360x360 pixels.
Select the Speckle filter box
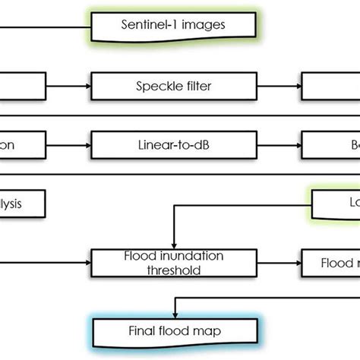coord(174,86)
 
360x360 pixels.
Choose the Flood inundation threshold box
coord(174,263)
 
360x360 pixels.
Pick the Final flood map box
coord(173,330)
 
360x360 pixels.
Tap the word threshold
coord(174,270)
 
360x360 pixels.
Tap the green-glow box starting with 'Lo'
coord(339,203)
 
